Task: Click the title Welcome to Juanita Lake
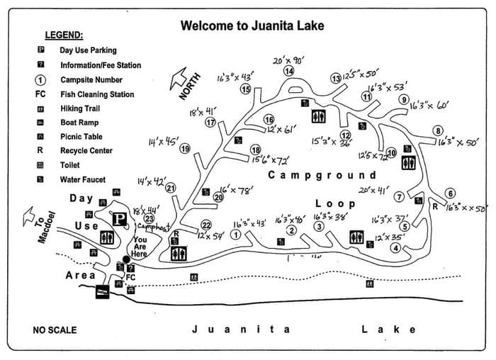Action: tap(252, 26)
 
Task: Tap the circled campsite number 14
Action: tap(289, 71)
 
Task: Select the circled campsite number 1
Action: tap(235, 234)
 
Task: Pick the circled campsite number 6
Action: tap(451, 193)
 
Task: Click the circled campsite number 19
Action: tap(185, 149)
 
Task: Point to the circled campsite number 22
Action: tap(206, 225)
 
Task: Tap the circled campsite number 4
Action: tap(395, 247)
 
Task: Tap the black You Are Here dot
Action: tap(126, 259)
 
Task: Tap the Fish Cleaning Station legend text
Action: tap(97, 94)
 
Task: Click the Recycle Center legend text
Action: tap(86, 151)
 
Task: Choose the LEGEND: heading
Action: tap(64, 35)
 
